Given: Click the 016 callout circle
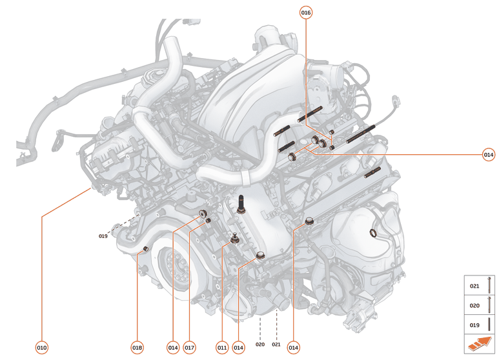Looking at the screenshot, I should tap(306, 13).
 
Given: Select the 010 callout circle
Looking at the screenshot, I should tap(41, 347).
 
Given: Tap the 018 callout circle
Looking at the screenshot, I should tap(137, 347).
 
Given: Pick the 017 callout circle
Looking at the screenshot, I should tap(189, 347).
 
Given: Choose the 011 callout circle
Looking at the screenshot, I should tap(222, 347).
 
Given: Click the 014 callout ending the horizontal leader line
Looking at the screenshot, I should tap(489, 154).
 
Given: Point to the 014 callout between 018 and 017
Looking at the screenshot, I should tap(172, 347).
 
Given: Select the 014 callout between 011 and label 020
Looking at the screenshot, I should tap(239, 347).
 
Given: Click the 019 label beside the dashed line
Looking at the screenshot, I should tap(103, 236).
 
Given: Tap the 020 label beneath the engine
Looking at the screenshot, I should tap(260, 345).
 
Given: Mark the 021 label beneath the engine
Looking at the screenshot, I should tap(276, 345).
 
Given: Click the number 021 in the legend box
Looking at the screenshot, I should tap(474, 285).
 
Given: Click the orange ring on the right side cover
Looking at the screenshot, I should tap(372, 232).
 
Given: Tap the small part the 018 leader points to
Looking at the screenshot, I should tap(146, 248).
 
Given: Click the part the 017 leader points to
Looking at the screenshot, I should tap(209, 222).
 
